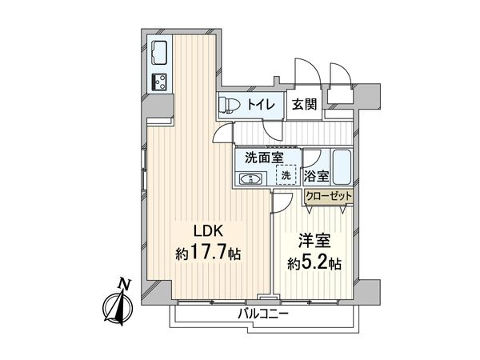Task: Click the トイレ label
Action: pyautogui.click(x=261, y=105)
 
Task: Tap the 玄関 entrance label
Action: pyautogui.click(x=303, y=105)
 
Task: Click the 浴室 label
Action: pyautogui.click(x=315, y=175)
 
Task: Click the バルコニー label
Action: pyautogui.click(x=262, y=314)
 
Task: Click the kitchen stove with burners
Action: pyautogui.click(x=158, y=82)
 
